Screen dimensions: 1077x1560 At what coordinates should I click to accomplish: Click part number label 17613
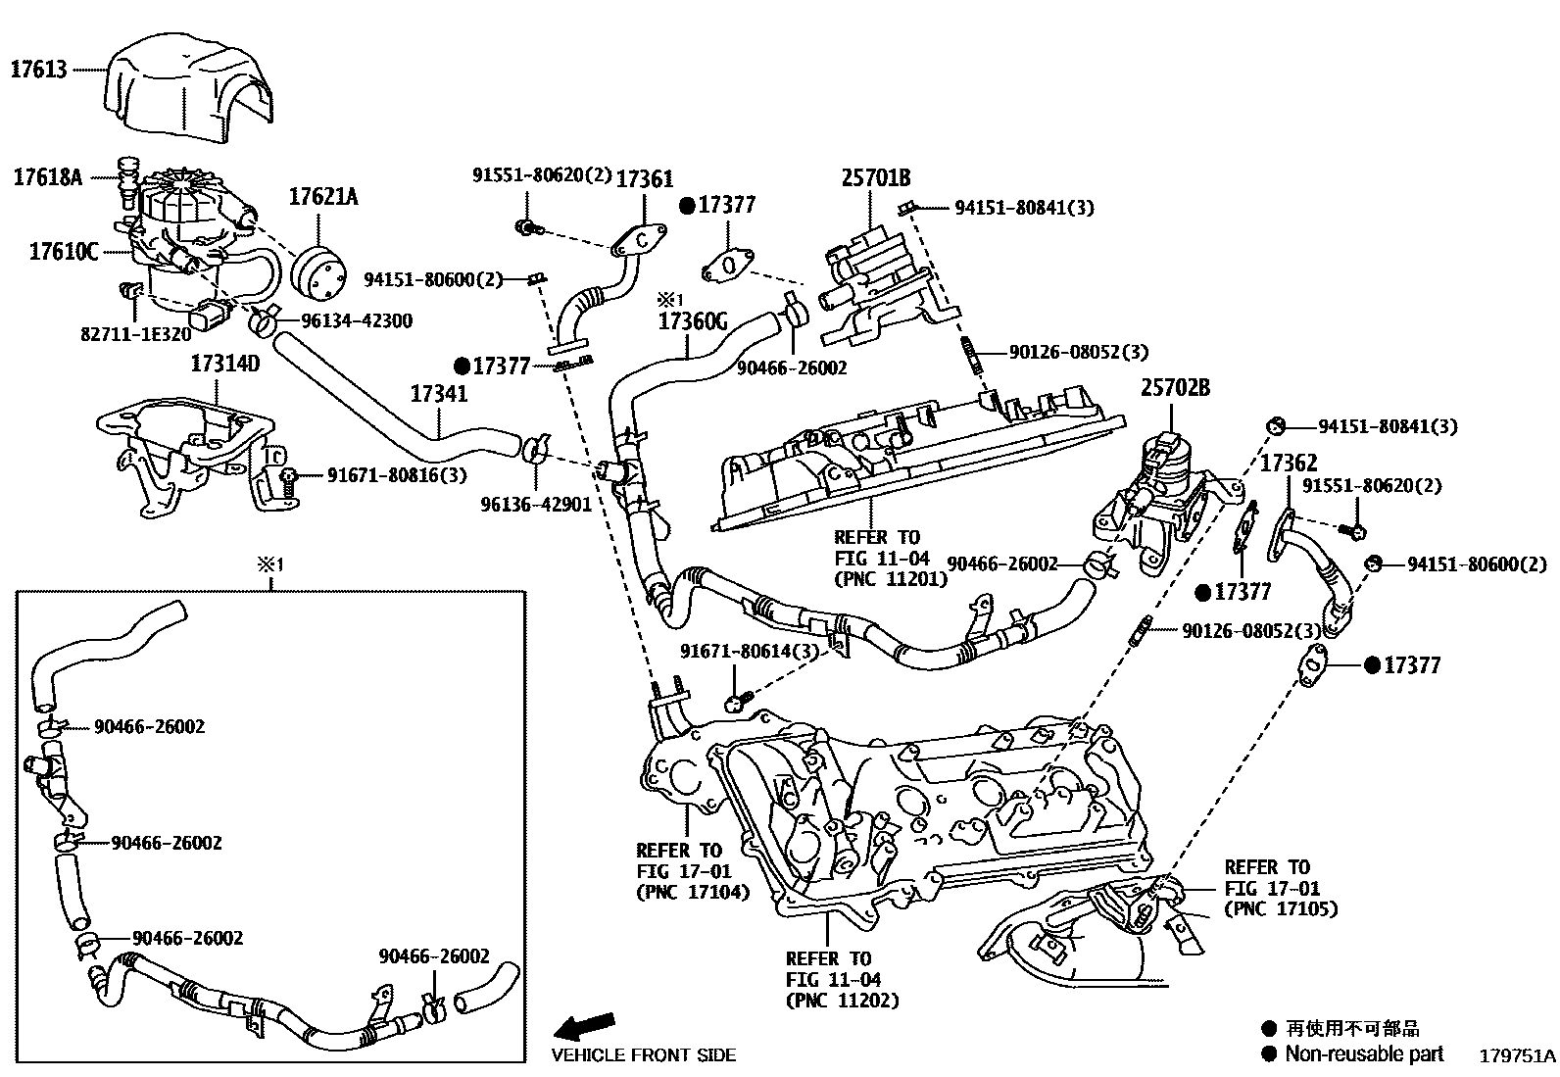click(x=39, y=70)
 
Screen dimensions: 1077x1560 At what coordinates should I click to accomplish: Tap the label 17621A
click(x=322, y=197)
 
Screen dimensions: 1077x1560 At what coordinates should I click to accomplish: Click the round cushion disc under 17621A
click(x=321, y=269)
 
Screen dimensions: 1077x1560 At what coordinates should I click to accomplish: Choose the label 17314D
click(x=224, y=364)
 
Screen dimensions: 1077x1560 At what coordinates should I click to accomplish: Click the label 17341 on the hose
click(x=438, y=394)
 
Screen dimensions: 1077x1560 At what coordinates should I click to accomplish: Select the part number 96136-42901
click(x=536, y=505)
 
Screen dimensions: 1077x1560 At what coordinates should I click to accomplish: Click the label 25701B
click(x=875, y=177)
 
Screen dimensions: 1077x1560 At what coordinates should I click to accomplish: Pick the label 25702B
click(x=1174, y=389)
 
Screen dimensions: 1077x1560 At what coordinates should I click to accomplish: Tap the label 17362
click(x=1289, y=463)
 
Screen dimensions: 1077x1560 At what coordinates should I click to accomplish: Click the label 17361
click(x=644, y=178)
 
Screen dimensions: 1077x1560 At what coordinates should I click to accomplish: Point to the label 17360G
click(x=693, y=320)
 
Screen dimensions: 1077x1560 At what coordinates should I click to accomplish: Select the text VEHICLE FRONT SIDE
click(x=643, y=1055)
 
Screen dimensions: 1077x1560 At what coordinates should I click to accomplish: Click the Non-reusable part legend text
click(x=1364, y=1054)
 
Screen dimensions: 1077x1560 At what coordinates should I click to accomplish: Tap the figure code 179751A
click(x=1517, y=1055)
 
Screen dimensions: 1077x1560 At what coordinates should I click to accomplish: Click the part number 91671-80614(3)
click(x=736, y=652)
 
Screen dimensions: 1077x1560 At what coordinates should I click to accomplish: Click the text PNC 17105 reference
click(x=1281, y=908)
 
